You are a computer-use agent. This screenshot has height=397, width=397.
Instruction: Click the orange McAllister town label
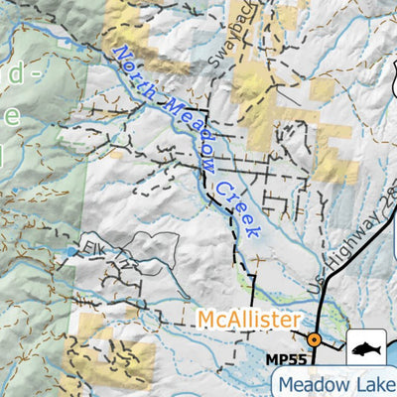pyautogui.click(x=248, y=320)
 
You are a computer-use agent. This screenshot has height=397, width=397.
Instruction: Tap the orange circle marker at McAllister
pyautogui.click(x=314, y=339)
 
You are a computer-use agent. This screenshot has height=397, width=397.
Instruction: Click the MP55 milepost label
pyautogui.click(x=285, y=358)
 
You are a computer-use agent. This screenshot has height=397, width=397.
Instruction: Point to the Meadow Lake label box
pyautogui.click(x=334, y=383)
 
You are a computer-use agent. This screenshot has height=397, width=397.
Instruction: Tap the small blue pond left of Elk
pyautogui.click(x=69, y=252)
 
